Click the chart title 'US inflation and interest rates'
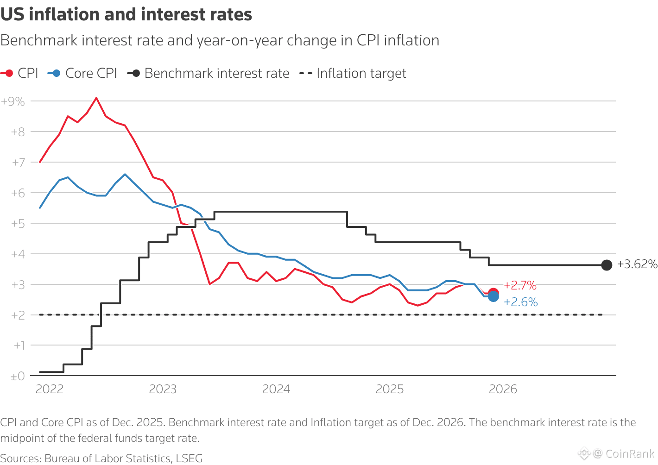point(126,15)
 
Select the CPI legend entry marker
point(8,73)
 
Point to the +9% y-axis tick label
point(13,101)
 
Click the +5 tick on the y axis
point(18,224)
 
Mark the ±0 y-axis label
point(18,377)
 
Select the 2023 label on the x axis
point(163,389)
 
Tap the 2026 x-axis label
point(503,389)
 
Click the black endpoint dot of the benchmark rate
point(607,265)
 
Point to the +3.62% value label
point(637,264)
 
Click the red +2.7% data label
point(520,285)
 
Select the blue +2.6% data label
point(521,302)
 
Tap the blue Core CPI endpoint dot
point(493,296)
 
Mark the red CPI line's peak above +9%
point(96,98)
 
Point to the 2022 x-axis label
point(50,389)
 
